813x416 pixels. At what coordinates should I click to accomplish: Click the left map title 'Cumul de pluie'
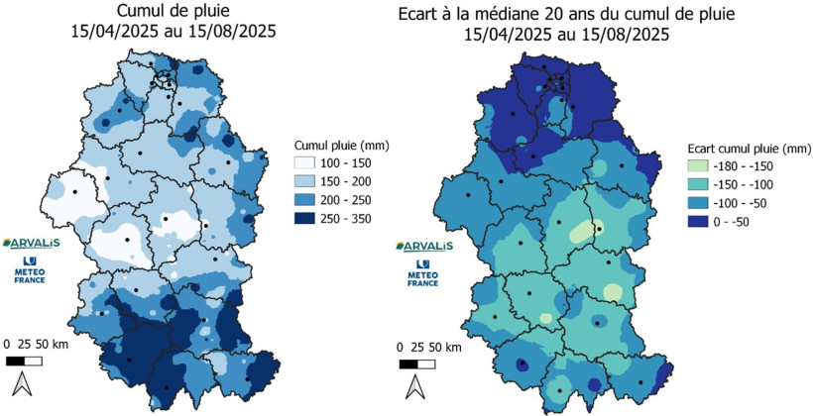tap(174, 11)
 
